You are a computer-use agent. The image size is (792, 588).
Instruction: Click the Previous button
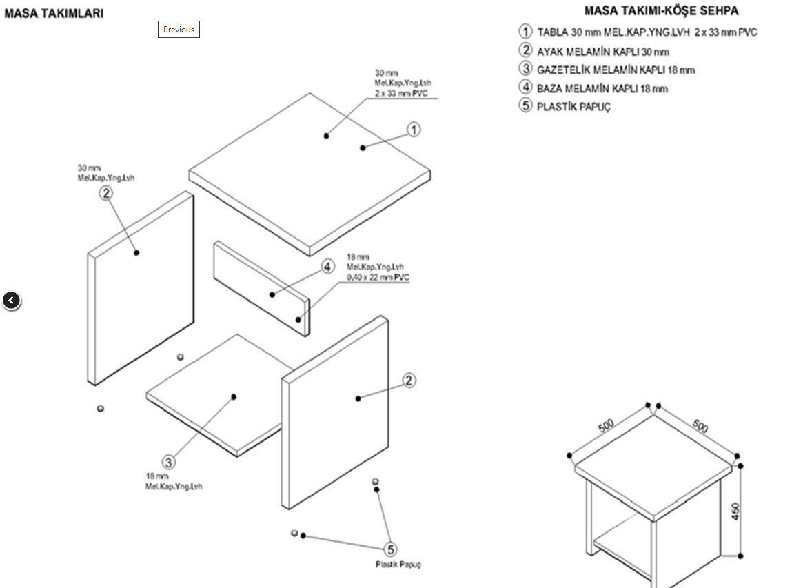click(179, 30)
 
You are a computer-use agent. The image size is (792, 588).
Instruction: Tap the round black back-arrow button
click(12, 301)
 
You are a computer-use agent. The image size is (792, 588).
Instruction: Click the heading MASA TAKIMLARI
click(54, 13)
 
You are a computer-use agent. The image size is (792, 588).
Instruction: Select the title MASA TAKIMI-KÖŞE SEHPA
click(661, 11)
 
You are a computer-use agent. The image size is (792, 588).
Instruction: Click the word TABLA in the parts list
click(553, 32)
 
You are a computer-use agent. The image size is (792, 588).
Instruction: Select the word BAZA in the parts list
click(550, 88)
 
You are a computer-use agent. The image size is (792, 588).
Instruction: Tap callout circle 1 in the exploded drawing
click(413, 129)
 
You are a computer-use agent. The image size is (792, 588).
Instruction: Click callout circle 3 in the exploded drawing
click(169, 462)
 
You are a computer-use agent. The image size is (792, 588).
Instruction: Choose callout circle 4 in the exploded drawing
click(327, 267)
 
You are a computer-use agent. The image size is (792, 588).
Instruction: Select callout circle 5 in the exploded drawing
click(391, 549)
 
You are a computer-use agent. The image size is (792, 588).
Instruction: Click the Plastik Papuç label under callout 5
click(398, 565)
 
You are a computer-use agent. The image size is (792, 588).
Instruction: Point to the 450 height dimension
click(735, 511)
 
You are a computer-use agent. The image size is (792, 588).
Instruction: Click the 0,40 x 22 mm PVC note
click(378, 277)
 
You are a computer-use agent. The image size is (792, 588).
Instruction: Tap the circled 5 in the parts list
click(525, 106)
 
